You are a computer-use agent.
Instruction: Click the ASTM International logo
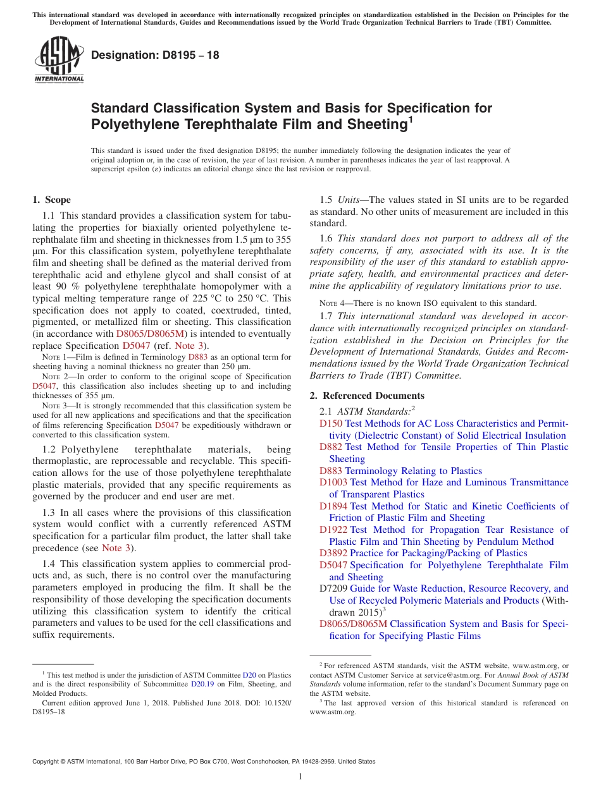tap(59, 61)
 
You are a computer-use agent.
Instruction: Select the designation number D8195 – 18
tap(155, 55)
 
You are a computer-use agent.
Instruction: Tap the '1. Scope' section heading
tap(51, 200)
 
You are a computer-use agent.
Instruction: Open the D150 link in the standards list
tap(330, 423)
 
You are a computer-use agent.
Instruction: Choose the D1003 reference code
tap(333, 482)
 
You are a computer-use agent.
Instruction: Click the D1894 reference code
tap(333, 506)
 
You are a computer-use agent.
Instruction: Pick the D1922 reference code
tap(333, 530)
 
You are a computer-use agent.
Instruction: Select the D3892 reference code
tap(333, 553)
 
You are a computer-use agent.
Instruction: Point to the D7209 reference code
tap(333, 588)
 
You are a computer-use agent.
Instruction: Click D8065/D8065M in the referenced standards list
tap(353, 624)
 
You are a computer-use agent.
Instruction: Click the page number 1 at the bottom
tap(300, 776)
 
